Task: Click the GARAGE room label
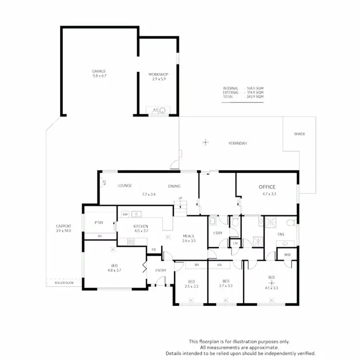point(99,72)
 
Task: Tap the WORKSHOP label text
point(158,74)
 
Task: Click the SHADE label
point(299,134)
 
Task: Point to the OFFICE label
point(267,187)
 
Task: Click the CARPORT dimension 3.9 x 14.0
point(63,231)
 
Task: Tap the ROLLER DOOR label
point(64,284)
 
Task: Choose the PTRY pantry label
point(99,223)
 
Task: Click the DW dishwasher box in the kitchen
point(125,214)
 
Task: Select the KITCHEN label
point(141,226)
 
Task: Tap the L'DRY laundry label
point(218,233)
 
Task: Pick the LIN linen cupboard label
point(235,243)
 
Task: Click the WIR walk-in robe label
point(287,255)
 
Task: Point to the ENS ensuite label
point(281,235)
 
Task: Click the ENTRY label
point(160,270)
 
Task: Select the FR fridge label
point(154,250)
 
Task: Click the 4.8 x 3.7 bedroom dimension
point(114,270)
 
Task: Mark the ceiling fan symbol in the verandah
point(206,142)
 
